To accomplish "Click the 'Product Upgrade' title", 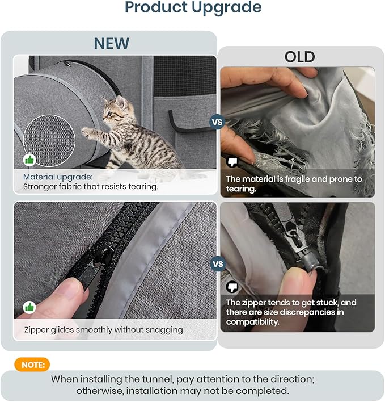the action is [x=193, y=7].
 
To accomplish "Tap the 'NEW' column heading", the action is [x=112, y=43].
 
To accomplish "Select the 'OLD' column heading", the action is [x=299, y=57].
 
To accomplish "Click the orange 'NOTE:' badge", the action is [x=32, y=365].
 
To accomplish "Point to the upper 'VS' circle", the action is [x=217, y=122].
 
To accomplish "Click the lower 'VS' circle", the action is [x=218, y=264].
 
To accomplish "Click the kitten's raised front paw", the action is [x=87, y=133].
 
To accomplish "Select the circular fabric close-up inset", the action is [x=49, y=140].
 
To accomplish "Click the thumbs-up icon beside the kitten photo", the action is [x=29, y=160].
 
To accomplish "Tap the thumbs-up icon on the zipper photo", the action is [x=29, y=307].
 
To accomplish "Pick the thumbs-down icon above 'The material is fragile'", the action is [x=232, y=161].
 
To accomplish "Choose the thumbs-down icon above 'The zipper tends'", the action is [x=232, y=287].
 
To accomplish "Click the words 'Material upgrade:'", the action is [x=58, y=177].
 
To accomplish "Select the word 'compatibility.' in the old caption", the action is [x=252, y=322].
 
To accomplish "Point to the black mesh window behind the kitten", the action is [x=184, y=76].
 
